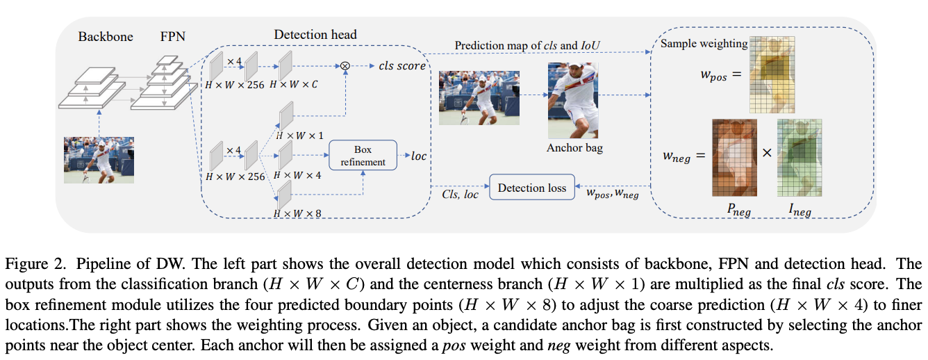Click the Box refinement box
[363, 156]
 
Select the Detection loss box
[532, 188]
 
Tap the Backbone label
[106, 36]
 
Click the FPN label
[172, 36]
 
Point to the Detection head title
[315, 34]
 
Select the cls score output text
[402, 66]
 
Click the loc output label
[419, 156]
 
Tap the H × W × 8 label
[297, 213]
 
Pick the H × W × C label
[293, 85]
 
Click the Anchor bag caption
[574, 147]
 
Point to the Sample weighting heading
[704, 44]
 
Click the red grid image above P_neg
[734, 157]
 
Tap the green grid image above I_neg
[800, 157]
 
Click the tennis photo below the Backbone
[99, 159]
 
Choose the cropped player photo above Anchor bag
[573, 101]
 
